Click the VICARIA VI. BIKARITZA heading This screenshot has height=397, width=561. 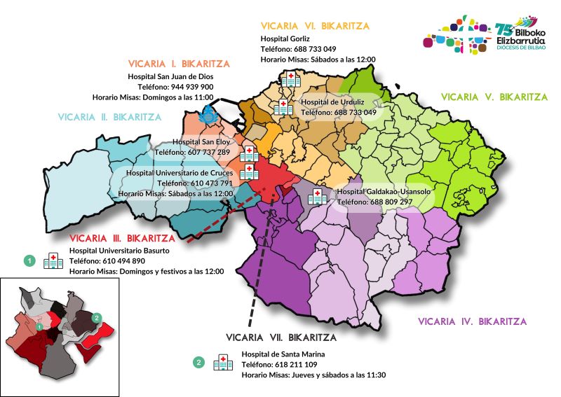[315, 26]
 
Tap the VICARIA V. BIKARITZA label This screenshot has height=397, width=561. [494, 97]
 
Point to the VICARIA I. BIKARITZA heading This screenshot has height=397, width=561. [178, 63]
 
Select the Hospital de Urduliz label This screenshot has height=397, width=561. [330, 102]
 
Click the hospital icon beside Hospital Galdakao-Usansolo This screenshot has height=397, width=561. [317, 196]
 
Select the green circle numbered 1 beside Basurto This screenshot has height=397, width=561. [29, 260]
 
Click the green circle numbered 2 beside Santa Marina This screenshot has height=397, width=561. [199, 363]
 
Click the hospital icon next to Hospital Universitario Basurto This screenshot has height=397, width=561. [53, 261]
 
